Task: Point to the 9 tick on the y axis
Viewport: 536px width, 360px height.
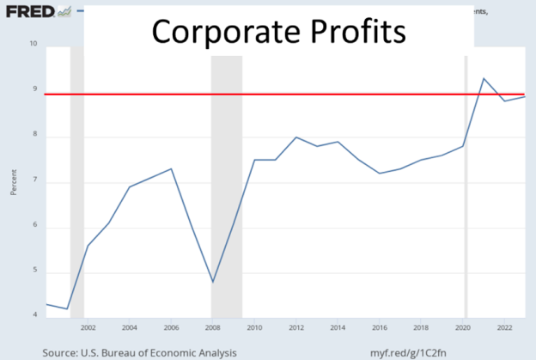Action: [33, 88]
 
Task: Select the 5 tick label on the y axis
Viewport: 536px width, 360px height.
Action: [33, 273]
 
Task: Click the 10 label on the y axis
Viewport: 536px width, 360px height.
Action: [33, 43]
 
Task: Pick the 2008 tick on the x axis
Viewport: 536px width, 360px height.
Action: [212, 327]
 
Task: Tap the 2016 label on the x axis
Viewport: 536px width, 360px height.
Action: [379, 327]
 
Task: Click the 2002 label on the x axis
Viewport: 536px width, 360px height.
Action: [88, 327]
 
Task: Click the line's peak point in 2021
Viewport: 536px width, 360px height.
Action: [484, 78]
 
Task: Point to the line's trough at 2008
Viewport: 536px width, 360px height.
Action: [212, 282]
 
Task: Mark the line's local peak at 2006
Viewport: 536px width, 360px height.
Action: [171, 168]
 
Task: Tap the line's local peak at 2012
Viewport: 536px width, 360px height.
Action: [295, 137]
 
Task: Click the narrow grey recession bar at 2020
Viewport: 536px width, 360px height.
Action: [466, 189]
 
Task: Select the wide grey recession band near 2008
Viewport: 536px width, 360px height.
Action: [227, 189]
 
